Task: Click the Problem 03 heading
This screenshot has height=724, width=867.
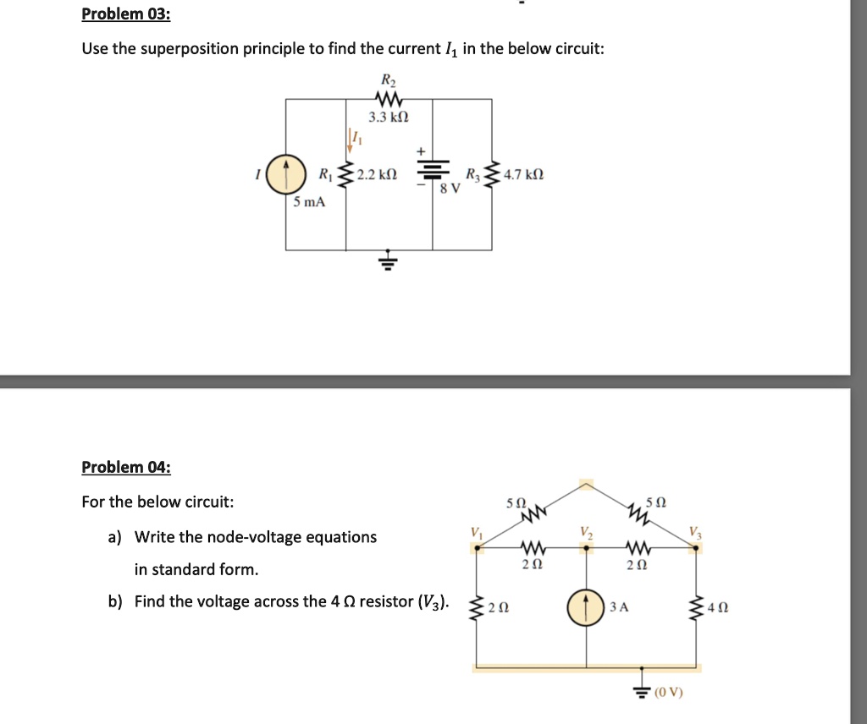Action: (x=126, y=14)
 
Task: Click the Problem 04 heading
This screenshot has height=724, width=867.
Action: (x=126, y=467)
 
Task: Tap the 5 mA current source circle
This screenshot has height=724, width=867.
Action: (x=286, y=174)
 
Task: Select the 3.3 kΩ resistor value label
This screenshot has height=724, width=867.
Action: (x=389, y=117)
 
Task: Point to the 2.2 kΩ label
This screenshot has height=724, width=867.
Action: (x=377, y=175)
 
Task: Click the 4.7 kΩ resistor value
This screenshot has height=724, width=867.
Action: (x=523, y=175)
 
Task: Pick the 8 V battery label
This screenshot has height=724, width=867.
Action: (x=450, y=189)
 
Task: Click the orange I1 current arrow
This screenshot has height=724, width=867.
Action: (x=350, y=140)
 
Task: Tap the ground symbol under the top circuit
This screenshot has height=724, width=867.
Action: (x=389, y=259)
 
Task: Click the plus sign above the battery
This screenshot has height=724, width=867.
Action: (x=421, y=151)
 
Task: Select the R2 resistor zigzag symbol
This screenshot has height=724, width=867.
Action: (x=389, y=100)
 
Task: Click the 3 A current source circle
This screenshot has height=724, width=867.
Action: (x=586, y=607)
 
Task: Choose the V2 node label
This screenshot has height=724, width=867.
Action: (x=587, y=533)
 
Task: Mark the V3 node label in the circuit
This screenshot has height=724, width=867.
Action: (x=696, y=533)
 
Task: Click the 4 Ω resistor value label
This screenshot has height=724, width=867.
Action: (x=718, y=607)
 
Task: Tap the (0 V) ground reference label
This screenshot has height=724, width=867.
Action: (x=669, y=692)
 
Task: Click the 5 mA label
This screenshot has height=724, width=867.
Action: (x=310, y=202)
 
